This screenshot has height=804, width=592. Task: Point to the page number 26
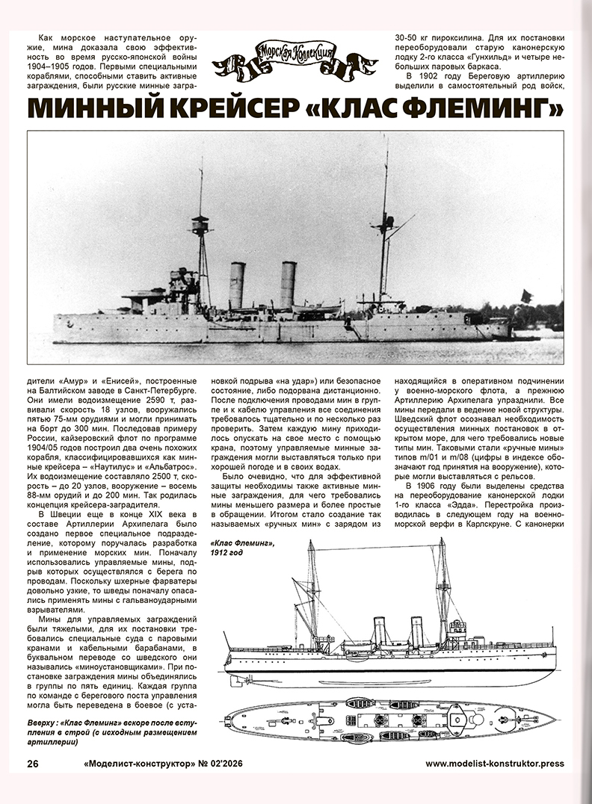[33, 763]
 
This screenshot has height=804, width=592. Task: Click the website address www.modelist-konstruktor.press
[494, 764]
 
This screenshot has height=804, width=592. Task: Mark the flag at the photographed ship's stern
[525, 297]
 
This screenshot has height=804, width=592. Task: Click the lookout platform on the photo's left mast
[200, 223]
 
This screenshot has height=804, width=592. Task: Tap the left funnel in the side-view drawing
[380, 632]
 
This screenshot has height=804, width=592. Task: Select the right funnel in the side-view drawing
[416, 631]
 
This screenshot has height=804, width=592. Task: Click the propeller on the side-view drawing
[235, 680]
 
